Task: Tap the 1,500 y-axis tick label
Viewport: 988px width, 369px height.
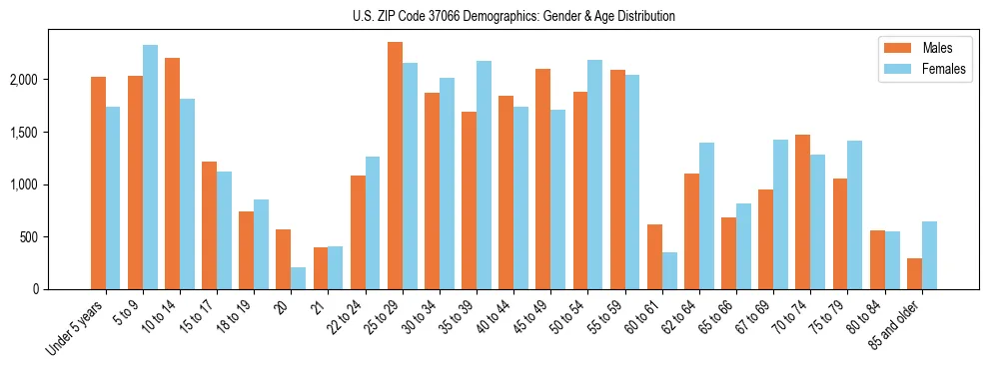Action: click(x=24, y=133)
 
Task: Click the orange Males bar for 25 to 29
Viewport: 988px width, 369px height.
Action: click(x=395, y=166)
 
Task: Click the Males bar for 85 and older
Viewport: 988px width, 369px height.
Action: click(x=914, y=274)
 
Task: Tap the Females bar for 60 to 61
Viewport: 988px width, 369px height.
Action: click(x=669, y=271)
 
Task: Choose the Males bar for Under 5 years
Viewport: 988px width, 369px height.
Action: click(x=98, y=184)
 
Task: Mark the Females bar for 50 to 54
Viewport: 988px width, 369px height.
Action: click(x=594, y=175)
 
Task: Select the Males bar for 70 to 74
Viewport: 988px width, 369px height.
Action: click(x=802, y=212)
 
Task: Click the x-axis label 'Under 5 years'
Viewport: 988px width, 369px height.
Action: click(x=76, y=328)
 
